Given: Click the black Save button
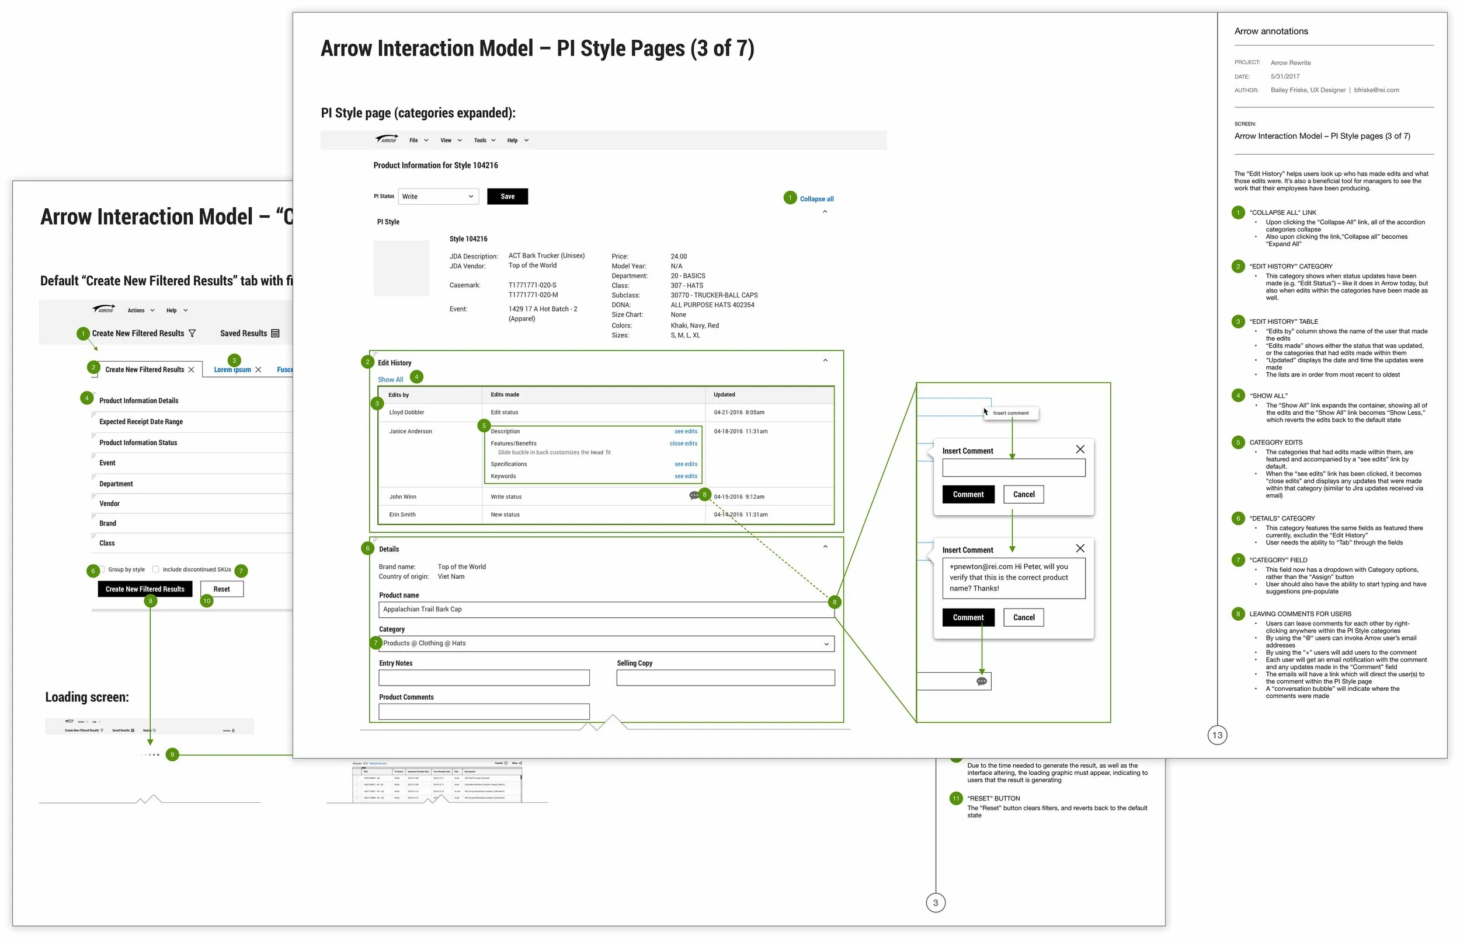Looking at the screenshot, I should (507, 196).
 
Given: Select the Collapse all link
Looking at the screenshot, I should (816, 198).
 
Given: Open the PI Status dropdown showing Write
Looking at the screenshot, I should (438, 196).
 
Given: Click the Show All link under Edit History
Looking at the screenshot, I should (390, 379).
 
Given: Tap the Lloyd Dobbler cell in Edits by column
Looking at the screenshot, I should (406, 412).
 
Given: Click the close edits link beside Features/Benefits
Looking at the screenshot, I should (683, 443).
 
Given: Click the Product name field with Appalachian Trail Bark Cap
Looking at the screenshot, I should (606, 609).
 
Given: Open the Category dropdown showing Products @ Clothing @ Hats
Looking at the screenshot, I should (606, 644).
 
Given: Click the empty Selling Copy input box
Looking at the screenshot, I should (725, 677).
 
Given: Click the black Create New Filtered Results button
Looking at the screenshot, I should (145, 589).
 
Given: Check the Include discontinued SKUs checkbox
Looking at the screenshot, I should (156, 569).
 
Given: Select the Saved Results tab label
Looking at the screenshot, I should (244, 334).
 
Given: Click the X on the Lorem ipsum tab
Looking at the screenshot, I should (258, 370).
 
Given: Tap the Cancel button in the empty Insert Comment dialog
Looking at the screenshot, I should (1023, 494).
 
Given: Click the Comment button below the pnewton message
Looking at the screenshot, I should (968, 617).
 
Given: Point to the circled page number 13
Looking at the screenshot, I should (1217, 735).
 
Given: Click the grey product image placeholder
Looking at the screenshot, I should (401, 268).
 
